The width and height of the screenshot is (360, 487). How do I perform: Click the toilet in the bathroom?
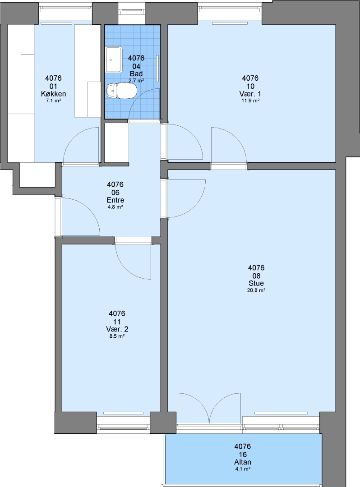point(121,91)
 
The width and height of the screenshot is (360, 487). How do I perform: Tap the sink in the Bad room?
point(114,60)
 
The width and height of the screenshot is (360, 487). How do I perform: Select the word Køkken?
point(53,94)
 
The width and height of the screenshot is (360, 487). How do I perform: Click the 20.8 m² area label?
point(256,291)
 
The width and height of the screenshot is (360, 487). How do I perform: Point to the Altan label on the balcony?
point(242,462)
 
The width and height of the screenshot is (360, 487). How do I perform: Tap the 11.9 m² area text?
point(250,101)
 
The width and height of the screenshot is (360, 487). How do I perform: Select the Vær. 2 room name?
point(117,329)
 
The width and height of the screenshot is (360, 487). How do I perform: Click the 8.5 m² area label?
point(117,336)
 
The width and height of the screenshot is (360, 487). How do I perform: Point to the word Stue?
point(256,283)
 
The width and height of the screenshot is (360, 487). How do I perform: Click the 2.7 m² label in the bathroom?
point(136,80)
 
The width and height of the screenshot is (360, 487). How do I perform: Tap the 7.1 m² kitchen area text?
point(53,101)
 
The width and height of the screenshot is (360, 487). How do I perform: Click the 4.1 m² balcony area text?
point(242,469)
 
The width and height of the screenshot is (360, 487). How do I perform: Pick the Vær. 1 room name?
point(250,94)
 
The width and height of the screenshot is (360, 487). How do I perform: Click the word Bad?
point(136,74)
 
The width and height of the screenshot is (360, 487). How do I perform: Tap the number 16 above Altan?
point(243,455)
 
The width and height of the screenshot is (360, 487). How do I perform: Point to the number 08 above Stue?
point(256,276)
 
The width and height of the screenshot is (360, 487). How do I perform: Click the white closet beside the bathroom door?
point(116,142)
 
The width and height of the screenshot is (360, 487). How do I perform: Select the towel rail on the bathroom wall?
point(157,69)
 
